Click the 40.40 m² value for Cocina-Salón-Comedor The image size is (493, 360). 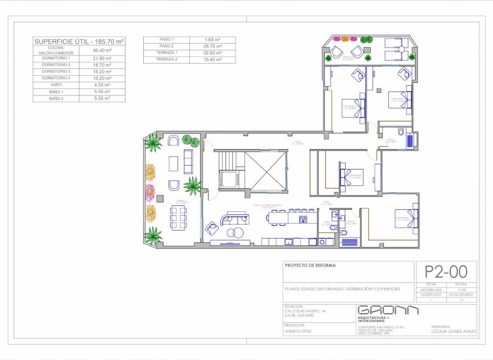coord(102,50)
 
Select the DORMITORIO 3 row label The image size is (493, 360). coord(56,71)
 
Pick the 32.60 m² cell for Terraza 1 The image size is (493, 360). coord(212,52)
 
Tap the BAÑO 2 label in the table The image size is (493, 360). coord(56,98)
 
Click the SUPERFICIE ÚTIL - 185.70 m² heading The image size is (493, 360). coord(79,42)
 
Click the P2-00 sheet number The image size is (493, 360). coord(446,271)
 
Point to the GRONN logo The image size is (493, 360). coord(388,311)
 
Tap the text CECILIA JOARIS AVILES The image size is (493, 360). coord(453,331)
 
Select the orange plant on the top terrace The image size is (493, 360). coord(345,39)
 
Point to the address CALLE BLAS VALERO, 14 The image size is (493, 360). coord(305,311)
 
